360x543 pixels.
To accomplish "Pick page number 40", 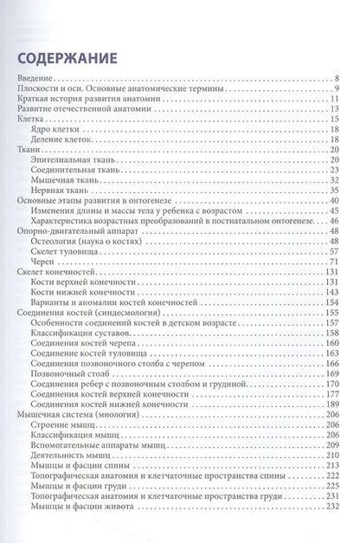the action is pyautogui.click(x=341, y=200).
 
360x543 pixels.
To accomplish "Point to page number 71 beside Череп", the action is pyautogui.click(x=341, y=261).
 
